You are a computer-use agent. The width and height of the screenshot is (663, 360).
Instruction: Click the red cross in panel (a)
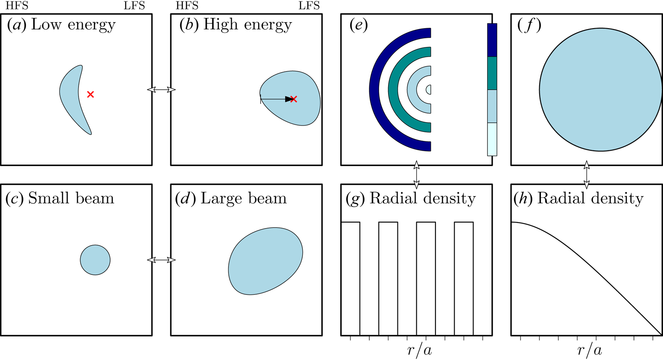click(91, 94)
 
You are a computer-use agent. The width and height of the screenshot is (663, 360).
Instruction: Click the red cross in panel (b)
click(294, 99)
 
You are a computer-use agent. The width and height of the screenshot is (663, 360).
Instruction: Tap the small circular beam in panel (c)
click(95, 260)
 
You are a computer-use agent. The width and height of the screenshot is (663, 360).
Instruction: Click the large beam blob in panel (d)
click(266, 261)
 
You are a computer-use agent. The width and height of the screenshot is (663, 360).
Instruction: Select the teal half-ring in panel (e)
click(394, 90)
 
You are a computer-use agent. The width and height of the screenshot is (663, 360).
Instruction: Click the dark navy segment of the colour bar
click(492, 40)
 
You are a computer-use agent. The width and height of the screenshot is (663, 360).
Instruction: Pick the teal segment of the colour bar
click(492, 73)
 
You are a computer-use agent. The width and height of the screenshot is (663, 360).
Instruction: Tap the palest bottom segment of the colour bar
click(492, 139)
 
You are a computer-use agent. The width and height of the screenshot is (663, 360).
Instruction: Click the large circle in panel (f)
click(601, 90)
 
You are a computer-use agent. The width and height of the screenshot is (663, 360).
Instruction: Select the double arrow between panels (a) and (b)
click(161, 90)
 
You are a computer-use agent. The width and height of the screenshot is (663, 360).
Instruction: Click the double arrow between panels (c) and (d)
click(161, 260)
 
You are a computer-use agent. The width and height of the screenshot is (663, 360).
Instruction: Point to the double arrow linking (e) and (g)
click(416, 175)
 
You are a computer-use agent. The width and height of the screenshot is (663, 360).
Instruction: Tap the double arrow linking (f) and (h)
click(587, 175)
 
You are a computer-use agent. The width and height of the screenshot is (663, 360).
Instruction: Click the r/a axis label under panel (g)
click(419, 351)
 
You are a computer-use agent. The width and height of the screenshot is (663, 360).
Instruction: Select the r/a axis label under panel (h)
click(590, 351)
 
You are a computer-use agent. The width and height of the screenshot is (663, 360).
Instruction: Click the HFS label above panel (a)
click(17, 6)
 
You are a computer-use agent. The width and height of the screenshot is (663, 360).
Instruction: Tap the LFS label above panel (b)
click(309, 6)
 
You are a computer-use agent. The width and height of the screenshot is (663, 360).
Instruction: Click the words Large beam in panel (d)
click(243, 199)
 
